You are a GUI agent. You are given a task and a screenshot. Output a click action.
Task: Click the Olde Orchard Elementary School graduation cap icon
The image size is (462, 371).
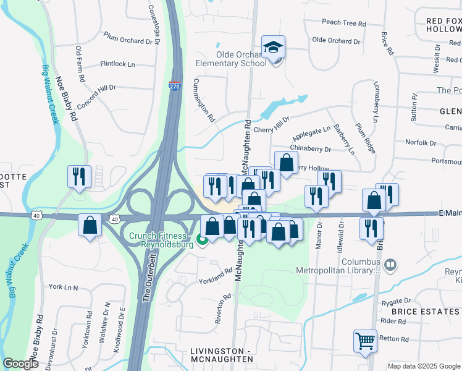click(x=272, y=47)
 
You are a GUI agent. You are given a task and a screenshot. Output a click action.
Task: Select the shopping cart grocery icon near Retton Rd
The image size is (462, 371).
click(x=364, y=340)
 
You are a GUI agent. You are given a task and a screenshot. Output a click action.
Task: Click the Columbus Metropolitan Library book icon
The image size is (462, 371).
click(x=390, y=265)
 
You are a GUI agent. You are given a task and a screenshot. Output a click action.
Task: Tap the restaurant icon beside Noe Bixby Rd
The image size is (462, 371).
click(x=79, y=177)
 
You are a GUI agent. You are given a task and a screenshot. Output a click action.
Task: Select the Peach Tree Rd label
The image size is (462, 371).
click(x=344, y=23)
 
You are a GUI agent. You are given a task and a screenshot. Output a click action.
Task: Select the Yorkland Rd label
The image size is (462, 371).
click(x=215, y=275)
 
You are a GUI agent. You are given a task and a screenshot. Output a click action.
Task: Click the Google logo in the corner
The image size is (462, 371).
click(x=20, y=364)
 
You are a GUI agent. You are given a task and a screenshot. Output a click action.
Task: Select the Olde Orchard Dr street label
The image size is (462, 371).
click(x=336, y=41)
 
